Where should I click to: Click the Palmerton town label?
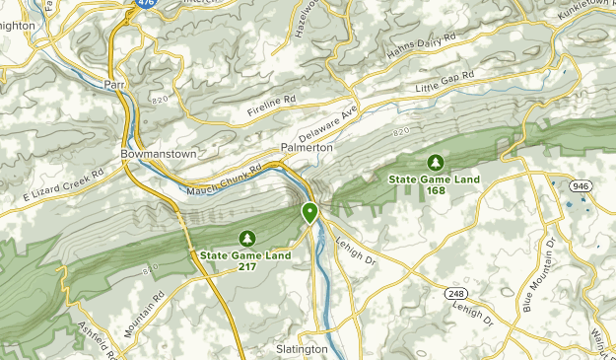307,147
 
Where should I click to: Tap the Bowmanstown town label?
159,155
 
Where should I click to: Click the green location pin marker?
309,211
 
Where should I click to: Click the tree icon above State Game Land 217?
245,237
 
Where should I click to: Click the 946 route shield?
582,184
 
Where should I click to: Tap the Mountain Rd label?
142,315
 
